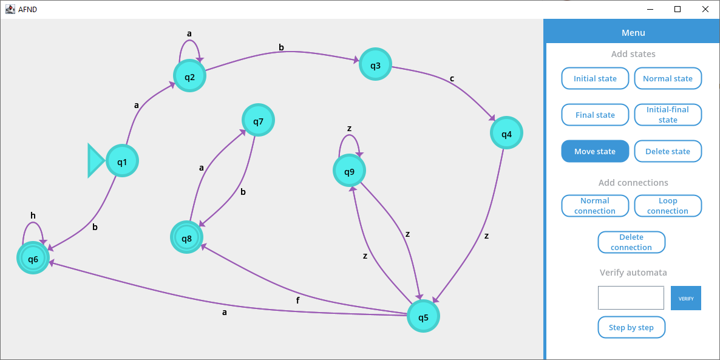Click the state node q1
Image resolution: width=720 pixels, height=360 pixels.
(122, 161)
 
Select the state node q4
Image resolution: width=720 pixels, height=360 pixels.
(506, 134)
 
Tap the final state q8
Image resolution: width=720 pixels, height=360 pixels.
(186, 238)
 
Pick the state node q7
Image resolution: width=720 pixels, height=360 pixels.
(258, 121)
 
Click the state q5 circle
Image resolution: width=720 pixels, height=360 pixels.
(423, 317)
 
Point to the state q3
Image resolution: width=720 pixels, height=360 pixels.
(375, 65)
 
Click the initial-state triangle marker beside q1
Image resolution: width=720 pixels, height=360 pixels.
(95, 161)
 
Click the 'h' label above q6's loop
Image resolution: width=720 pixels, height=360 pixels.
(33, 216)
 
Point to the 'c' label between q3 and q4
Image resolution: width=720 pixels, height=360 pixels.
(452, 78)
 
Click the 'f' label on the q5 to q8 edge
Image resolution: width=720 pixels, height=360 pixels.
(297, 300)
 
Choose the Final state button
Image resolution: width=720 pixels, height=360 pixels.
(595, 115)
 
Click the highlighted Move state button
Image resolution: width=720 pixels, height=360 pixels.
(595, 151)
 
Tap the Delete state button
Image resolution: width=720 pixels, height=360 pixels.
(668, 151)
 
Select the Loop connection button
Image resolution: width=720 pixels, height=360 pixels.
(668, 206)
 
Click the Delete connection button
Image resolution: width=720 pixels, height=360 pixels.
(631, 242)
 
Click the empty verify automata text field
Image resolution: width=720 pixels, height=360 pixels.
(631, 298)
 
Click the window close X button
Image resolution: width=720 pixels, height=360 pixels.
(705, 9)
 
